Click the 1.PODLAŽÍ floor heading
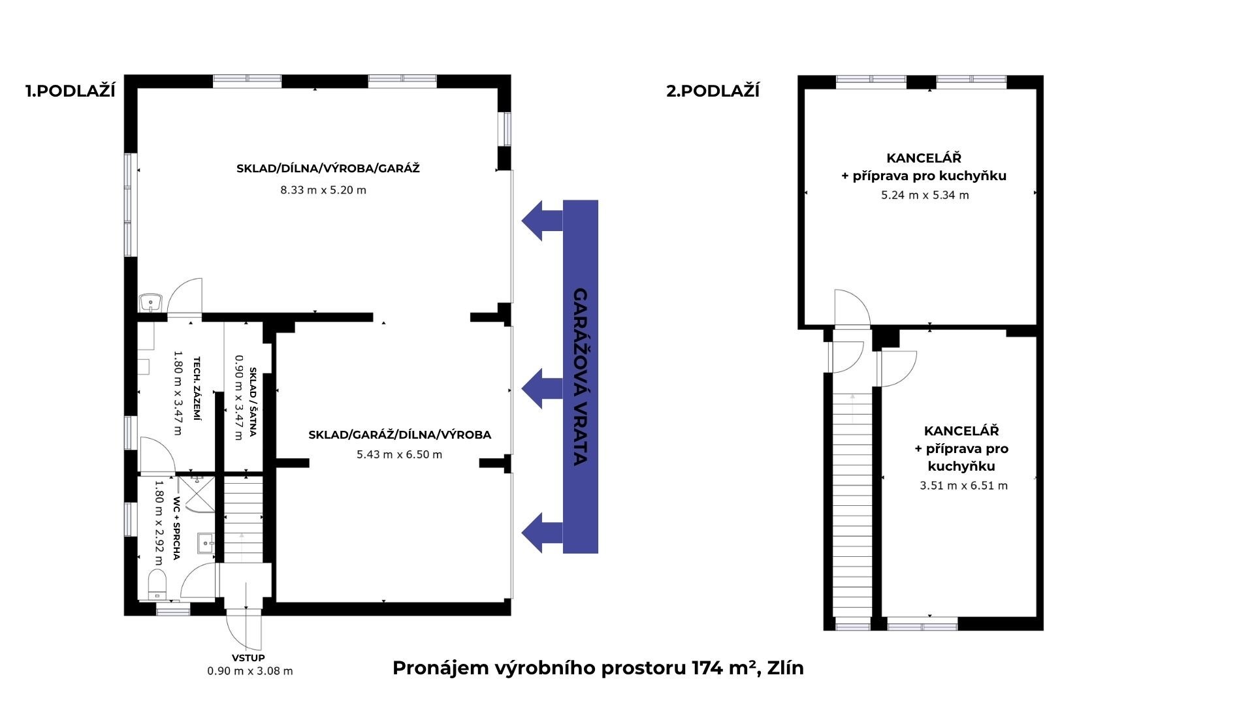pos(71,91)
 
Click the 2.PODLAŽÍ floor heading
pos(713,91)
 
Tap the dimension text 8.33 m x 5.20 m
pos(323,191)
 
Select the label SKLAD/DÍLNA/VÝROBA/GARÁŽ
pos(328,168)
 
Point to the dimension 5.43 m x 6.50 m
pos(399,454)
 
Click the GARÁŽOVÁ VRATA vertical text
pos(580,377)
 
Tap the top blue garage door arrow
pos(541,221)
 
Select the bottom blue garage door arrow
pos(541,532)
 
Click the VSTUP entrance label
pos(248,658)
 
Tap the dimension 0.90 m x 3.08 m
pos(250,671)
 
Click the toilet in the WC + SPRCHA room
pos(157,583)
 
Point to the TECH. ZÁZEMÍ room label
pos(197,389)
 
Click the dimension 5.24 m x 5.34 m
pos(925,195)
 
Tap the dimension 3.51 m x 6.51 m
pos(963,486)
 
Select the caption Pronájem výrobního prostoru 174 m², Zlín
pos(598,668)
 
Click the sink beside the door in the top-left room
pos(150,303)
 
